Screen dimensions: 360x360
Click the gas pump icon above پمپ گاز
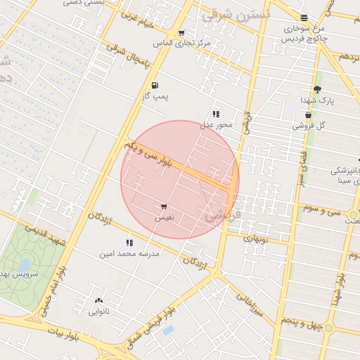pos(155,85)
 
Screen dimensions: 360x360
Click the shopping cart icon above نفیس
pos(163,207)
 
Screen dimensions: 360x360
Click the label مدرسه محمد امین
pos(129,253)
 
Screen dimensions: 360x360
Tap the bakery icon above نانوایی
pos(98,300)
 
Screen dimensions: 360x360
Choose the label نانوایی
pos(98,310)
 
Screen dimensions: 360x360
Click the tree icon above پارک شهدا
pos(317,89)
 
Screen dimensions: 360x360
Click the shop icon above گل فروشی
pos(308,115)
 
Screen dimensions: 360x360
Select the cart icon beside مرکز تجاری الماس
pos(181,32)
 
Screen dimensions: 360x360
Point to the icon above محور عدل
pos(216,113)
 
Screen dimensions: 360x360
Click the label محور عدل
pos(216,124)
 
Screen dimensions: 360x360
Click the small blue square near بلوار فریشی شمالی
pos(167,330)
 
